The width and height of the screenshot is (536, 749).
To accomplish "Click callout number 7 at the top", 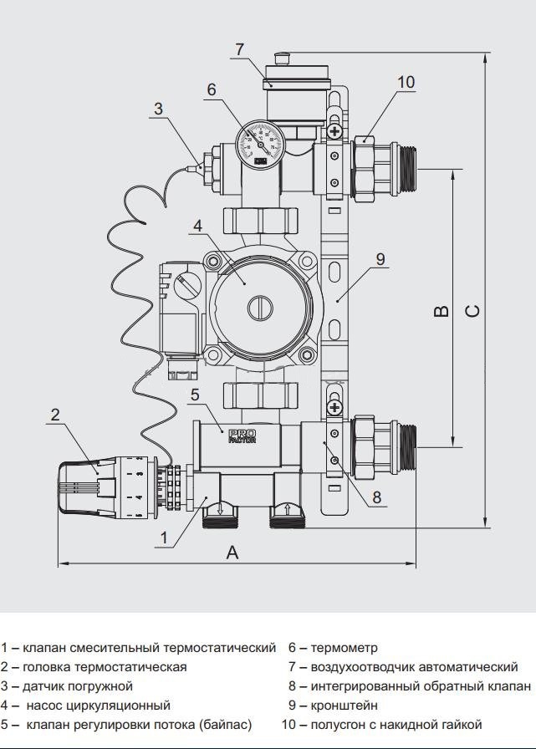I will [241, 49].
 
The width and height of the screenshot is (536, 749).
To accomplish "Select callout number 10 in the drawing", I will [406, 82].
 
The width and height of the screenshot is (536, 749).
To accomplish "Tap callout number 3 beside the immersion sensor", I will [159, 108].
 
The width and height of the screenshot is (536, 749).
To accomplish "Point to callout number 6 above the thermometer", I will [212, 89].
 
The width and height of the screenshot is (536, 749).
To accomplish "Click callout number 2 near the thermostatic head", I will [55, 414].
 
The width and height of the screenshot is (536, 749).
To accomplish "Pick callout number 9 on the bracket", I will [380, 259].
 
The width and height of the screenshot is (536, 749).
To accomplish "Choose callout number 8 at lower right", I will [376, 497].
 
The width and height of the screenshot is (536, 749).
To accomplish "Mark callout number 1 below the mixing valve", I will [164, 538].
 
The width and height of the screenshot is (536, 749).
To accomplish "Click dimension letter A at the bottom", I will [233, 553].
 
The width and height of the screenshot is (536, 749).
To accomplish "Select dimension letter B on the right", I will [442, 311].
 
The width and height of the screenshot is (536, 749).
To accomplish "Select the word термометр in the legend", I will [344, 647].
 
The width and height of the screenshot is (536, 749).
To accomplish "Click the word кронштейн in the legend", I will [344, 706].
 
